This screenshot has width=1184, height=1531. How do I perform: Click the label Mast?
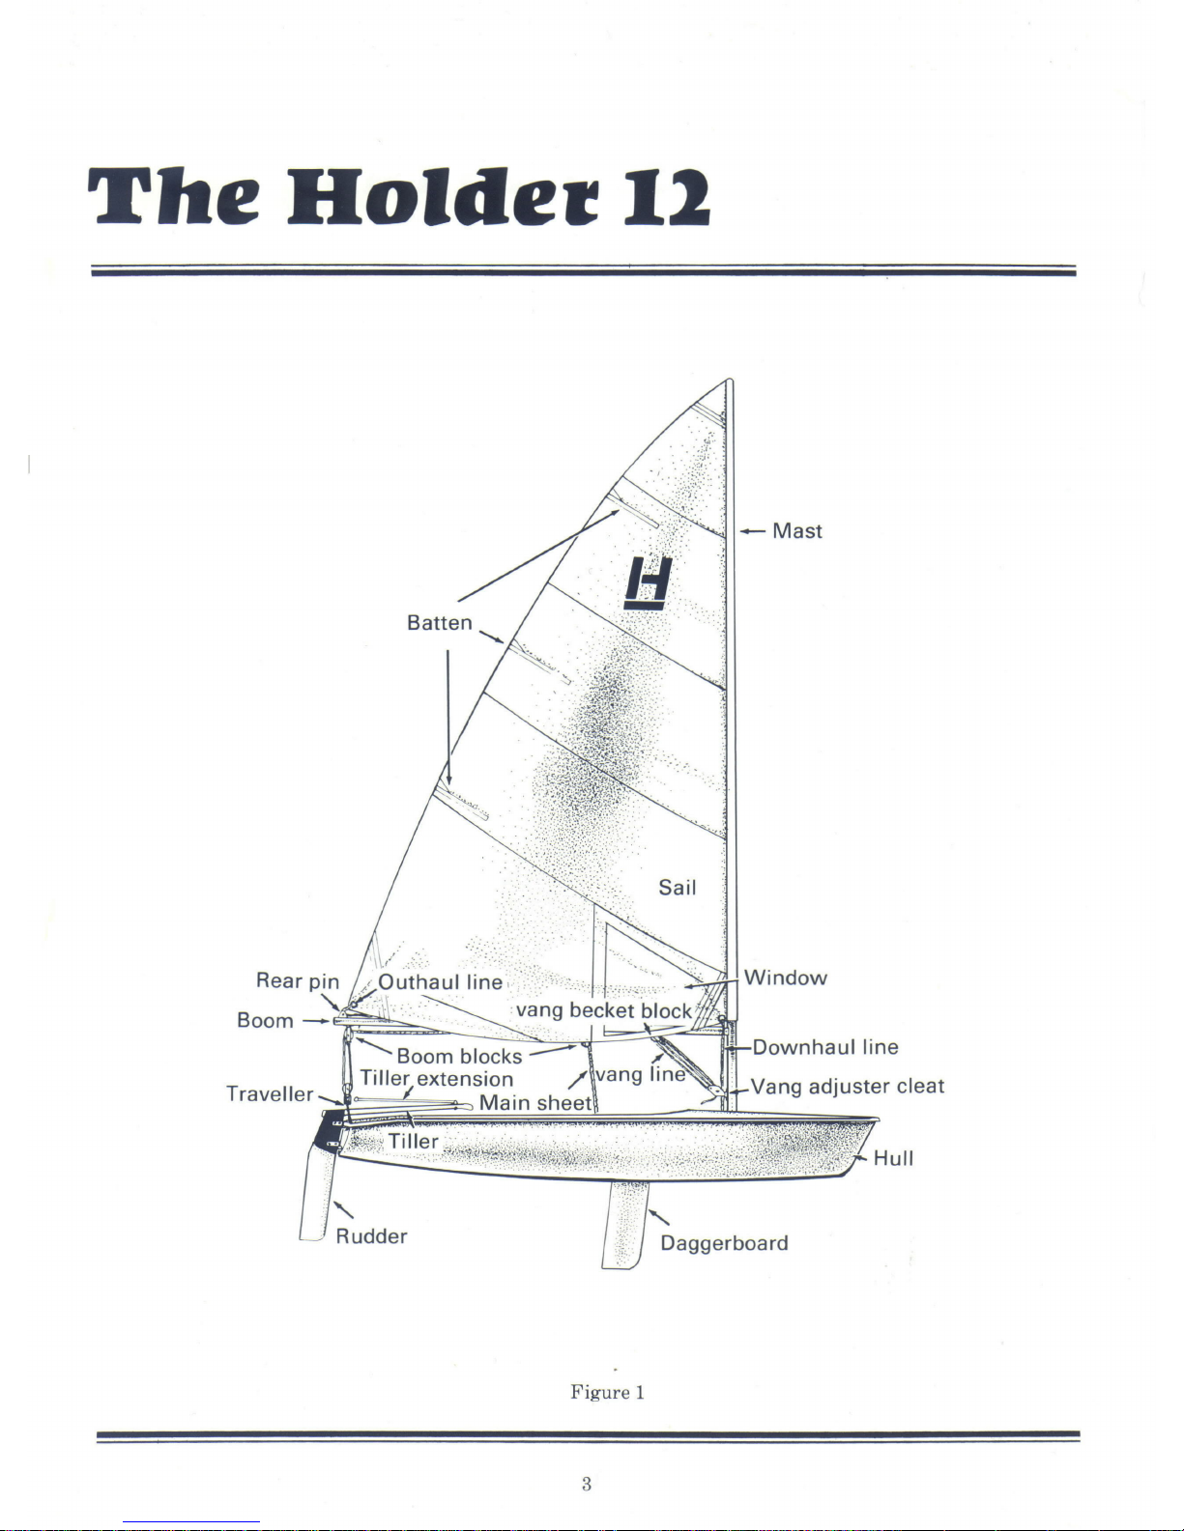(x=797, y=530)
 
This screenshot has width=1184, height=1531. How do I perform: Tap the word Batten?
(x=439, y=623)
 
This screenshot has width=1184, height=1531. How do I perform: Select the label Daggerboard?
(x=724, y=1243)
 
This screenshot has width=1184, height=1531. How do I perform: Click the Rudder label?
(x=371, y=1236)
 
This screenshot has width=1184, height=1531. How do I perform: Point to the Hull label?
(x=893, y=1158)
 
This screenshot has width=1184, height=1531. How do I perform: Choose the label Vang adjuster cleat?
(x=847, y=1087)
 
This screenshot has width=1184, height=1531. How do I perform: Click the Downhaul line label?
(x=825, y=1047)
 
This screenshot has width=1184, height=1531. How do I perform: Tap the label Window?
(x=785, y=978)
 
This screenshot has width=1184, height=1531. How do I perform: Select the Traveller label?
(x=270, y=1093)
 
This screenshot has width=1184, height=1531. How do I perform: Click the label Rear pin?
(x=298, y=980)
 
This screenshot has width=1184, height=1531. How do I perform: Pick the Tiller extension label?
(x=437, y=1079)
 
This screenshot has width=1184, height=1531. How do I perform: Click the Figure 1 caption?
(x=608, y=1392)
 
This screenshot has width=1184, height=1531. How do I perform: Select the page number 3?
(x=587, y=1485)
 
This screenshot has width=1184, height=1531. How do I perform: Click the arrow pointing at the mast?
(x=753, y=531)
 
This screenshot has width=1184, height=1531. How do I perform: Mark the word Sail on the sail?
(x=678, y=888)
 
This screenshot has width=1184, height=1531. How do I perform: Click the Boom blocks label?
(x=459, y=1056)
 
